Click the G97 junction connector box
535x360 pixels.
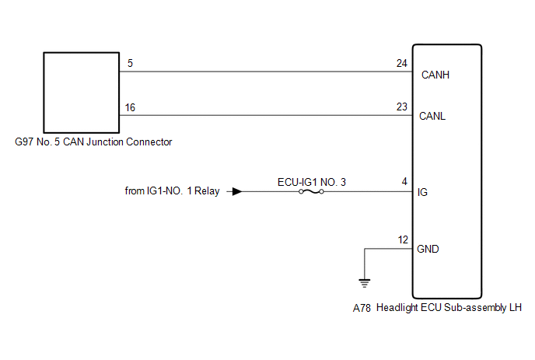click(79, 92)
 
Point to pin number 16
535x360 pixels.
click(130, 107)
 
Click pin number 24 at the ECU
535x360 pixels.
click(401, 63)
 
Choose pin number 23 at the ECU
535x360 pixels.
click(401, 107)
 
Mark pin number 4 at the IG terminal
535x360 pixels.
click(404, 182)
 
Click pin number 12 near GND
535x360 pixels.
click(402, 239)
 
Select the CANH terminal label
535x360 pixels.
click(435, 75)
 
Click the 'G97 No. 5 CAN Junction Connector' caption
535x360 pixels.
click(93, 142)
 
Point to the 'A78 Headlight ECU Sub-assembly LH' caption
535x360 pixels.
click(436, 308)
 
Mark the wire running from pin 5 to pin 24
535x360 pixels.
click(264, 72)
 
